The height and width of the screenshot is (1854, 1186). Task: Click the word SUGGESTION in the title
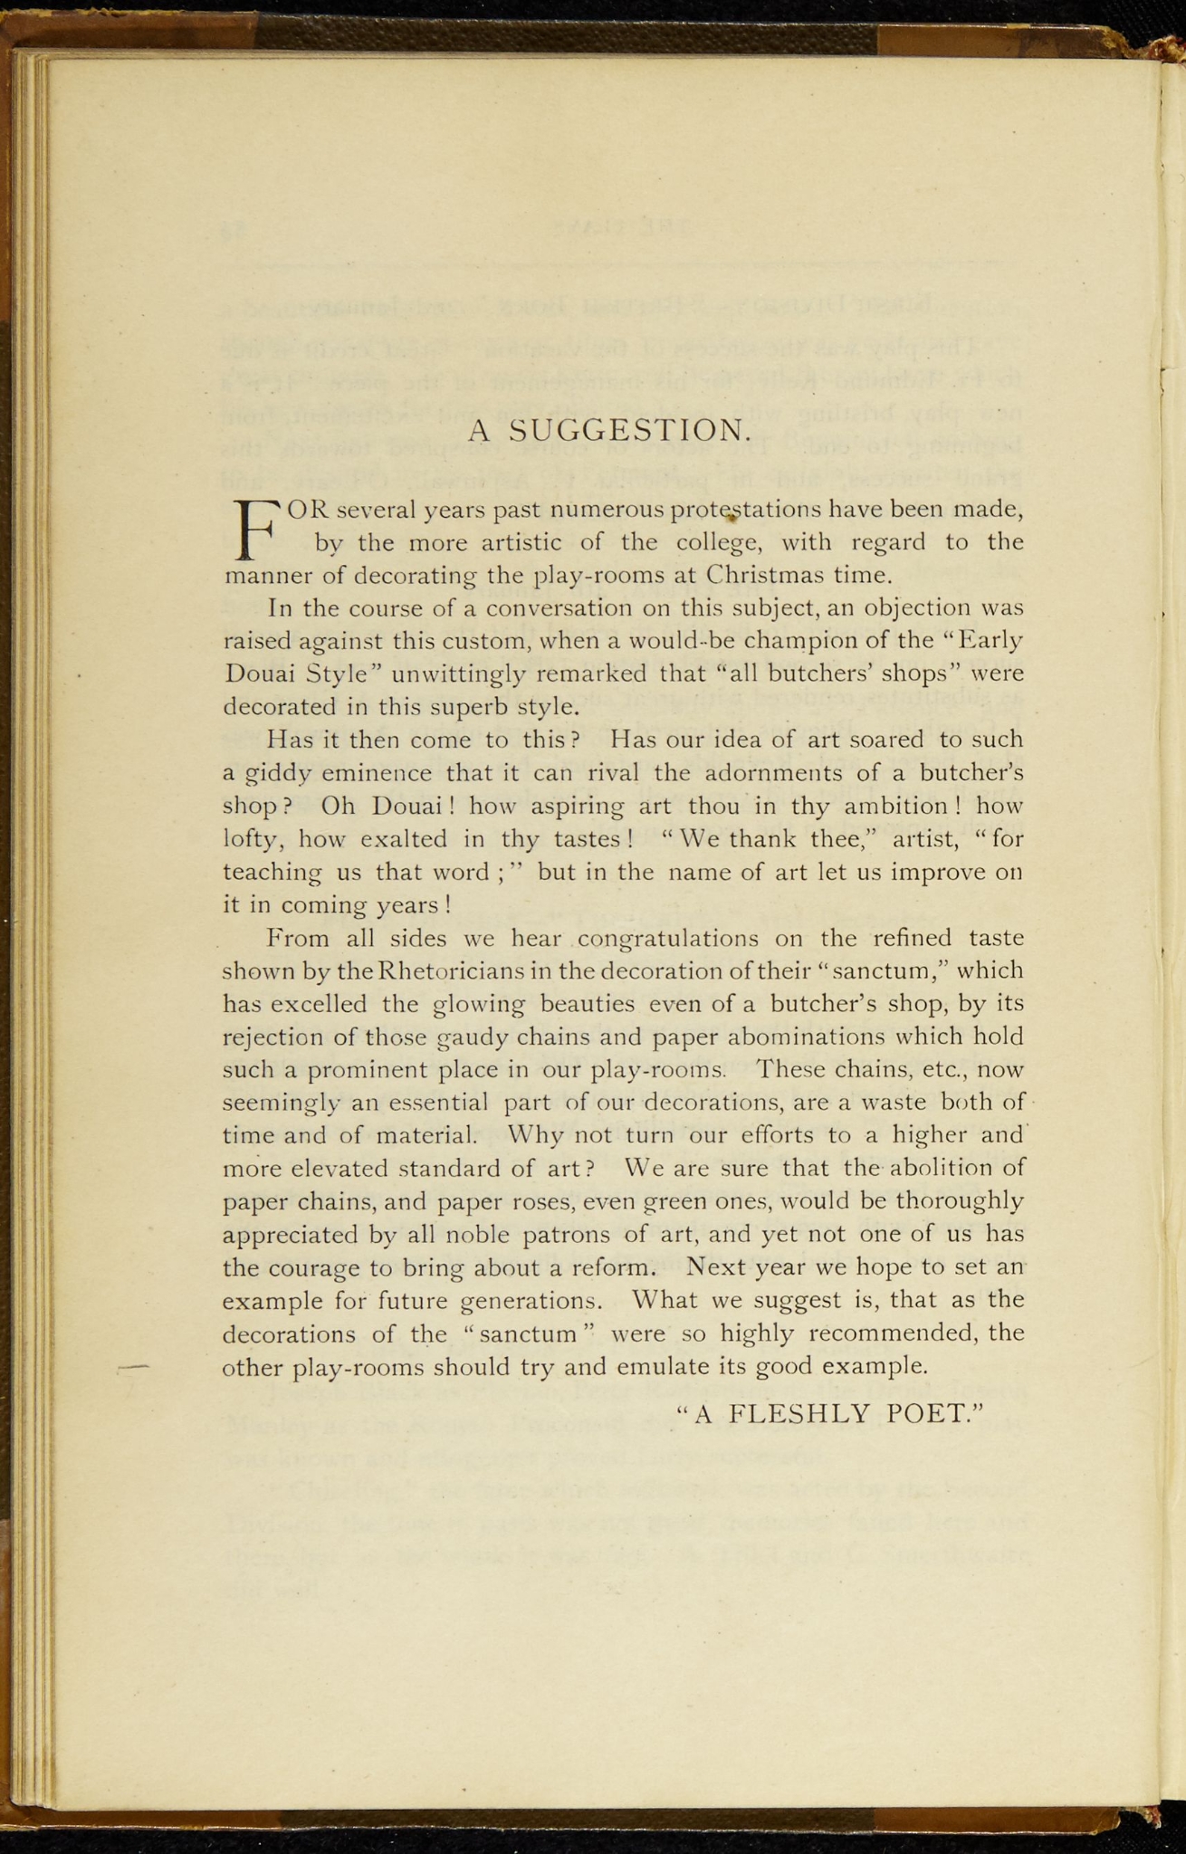click(630, 430)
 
